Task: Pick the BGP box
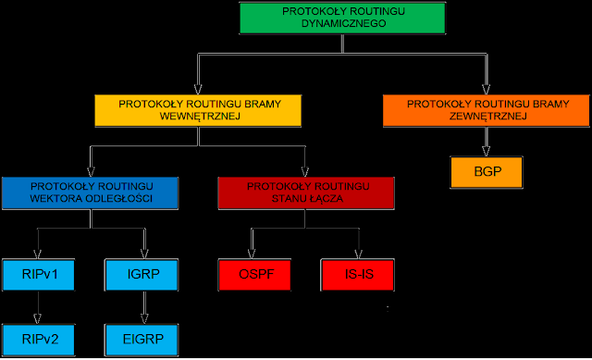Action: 486,172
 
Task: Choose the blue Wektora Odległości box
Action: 90,191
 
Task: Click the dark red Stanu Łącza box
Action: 305,191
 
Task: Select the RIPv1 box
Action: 37,275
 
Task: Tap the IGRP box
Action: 142,275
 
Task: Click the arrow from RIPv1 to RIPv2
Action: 37,306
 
